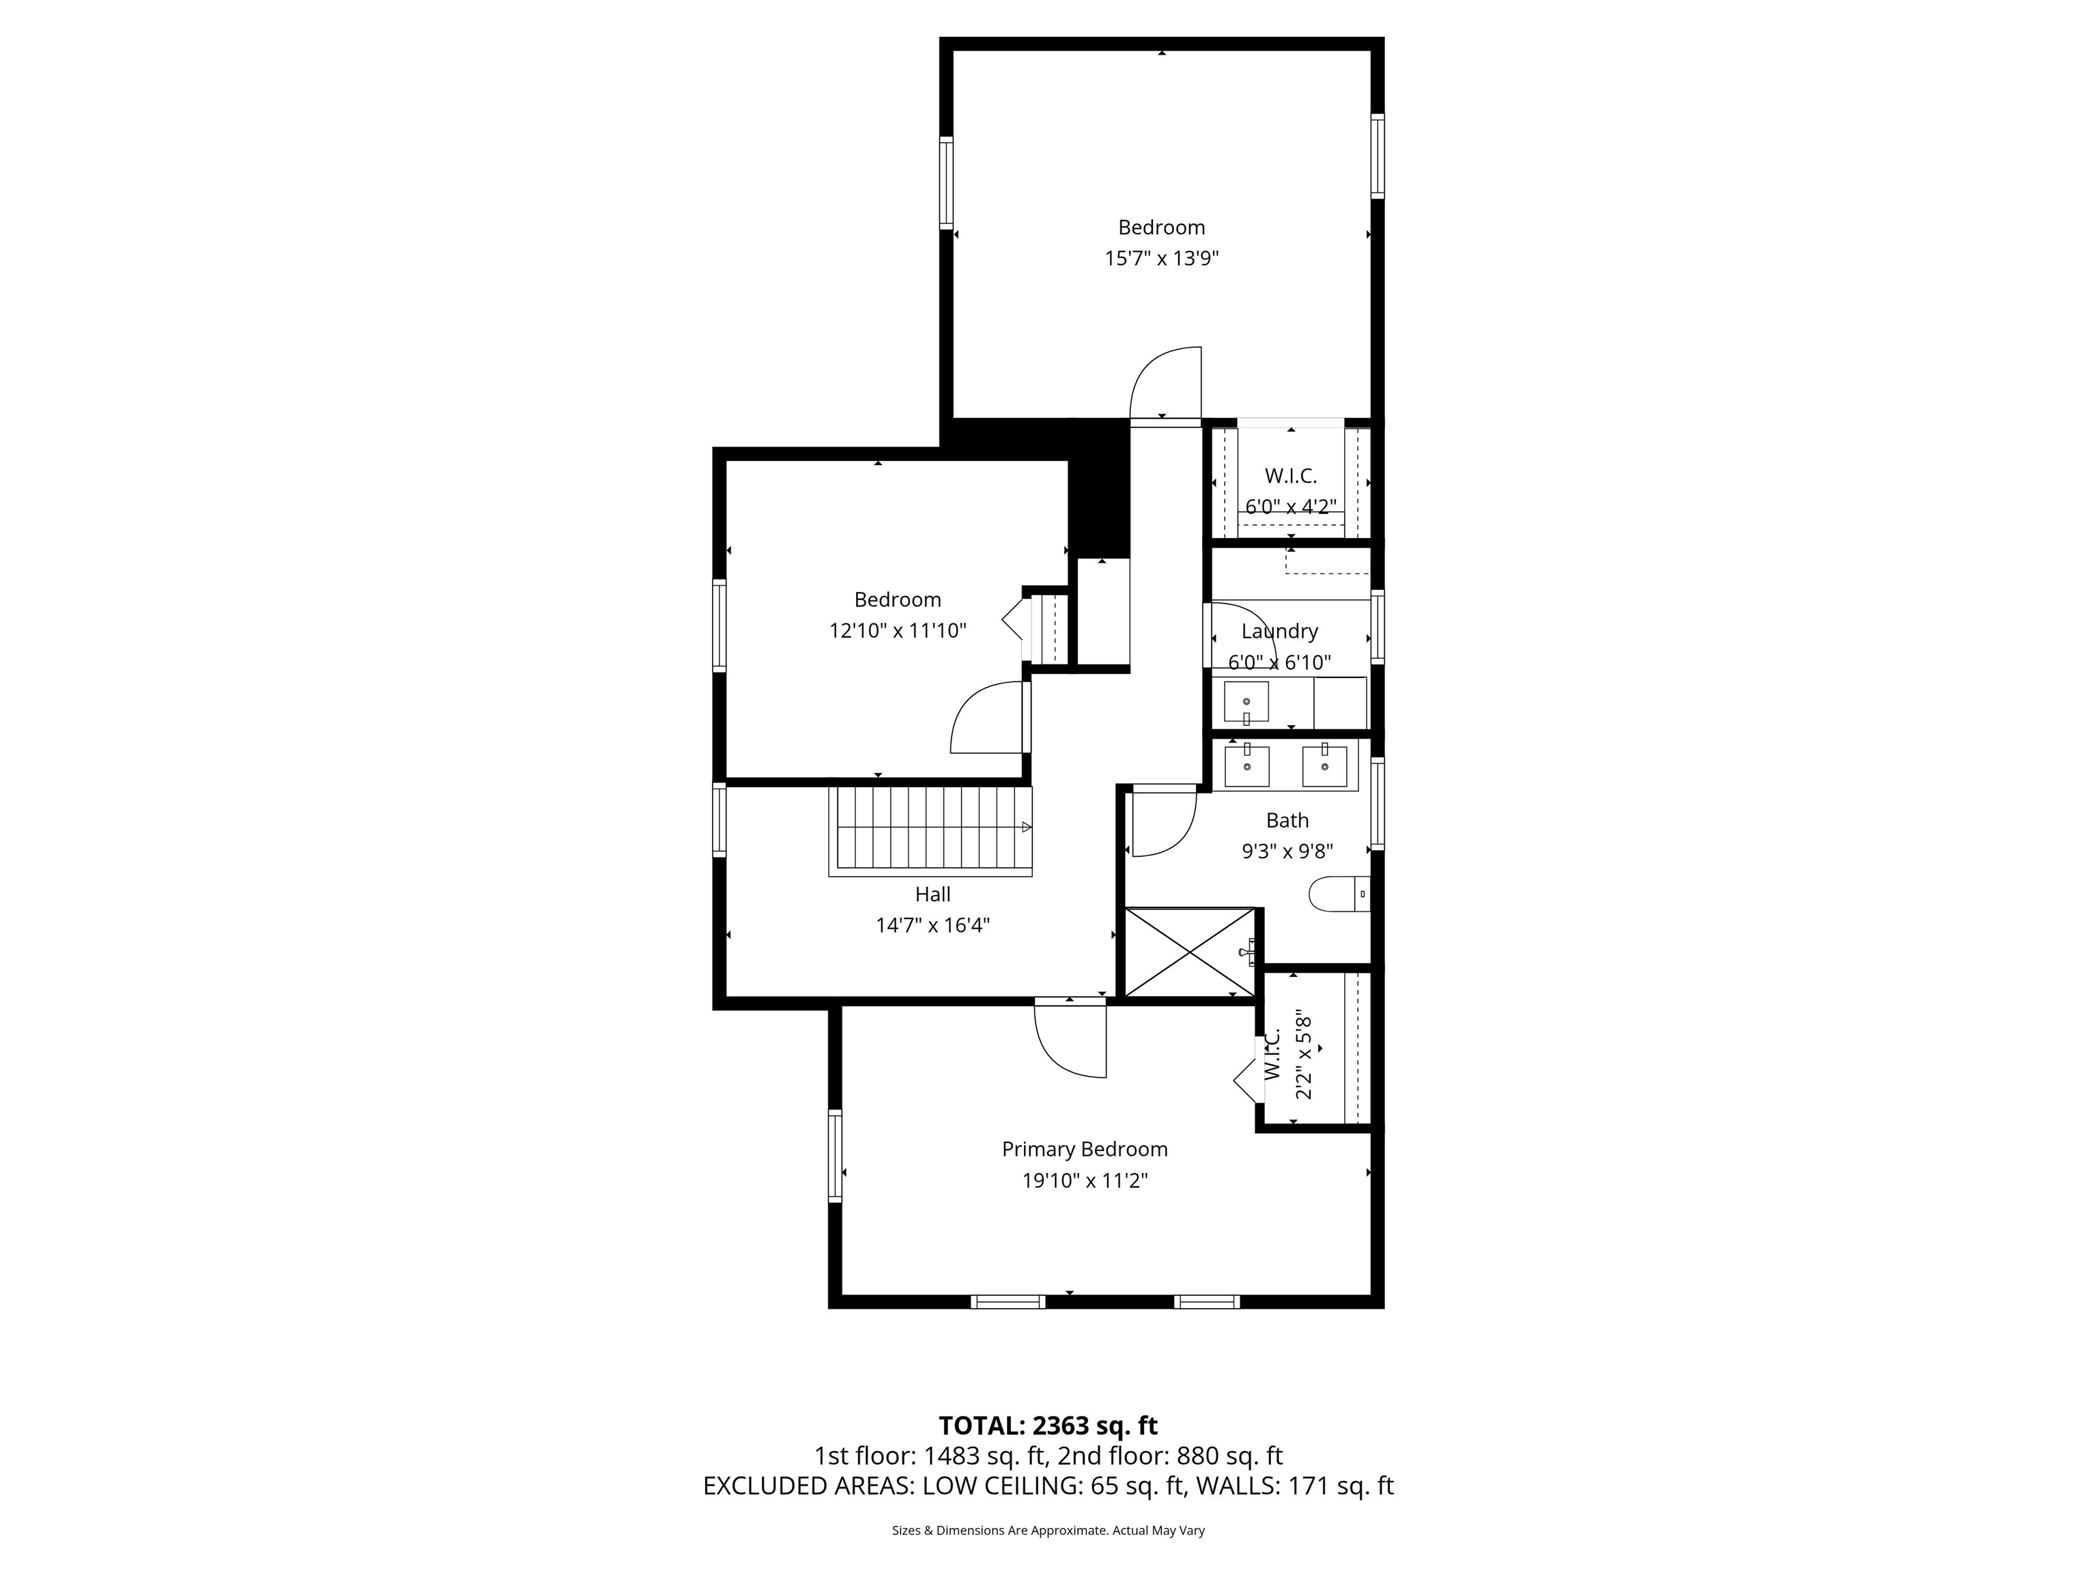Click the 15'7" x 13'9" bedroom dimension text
click(x=1160, y=258)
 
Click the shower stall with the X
click(x=1189, y=952)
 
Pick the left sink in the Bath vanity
click(x=1246, y=766)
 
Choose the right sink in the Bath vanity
click(x=1324, y=766)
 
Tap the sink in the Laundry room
click(x=1246, y=703)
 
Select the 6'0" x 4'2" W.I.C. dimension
click(x=1290, y=507)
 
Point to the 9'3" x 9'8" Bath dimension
click(x=1287, y=851)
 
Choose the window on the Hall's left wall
click(x=719, y=820)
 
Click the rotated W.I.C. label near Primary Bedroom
click(x=1272, y=1053)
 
